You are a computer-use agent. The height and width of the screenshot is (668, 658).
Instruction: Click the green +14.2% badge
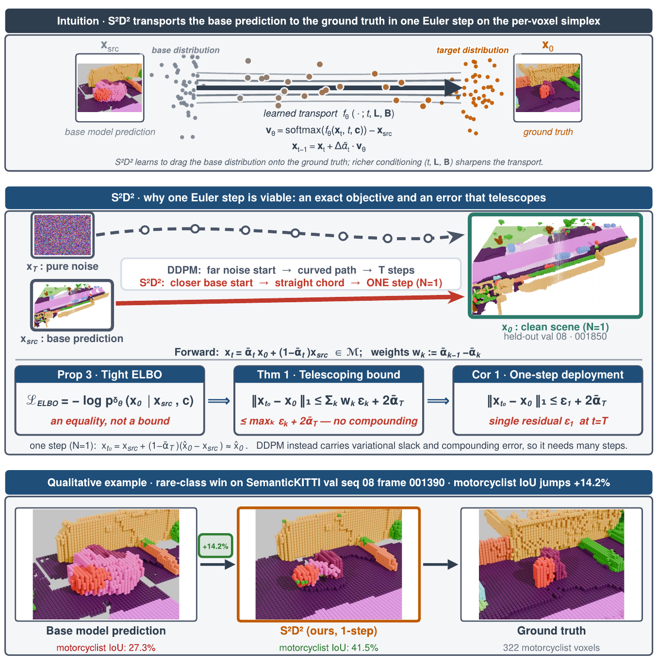pos(215,546)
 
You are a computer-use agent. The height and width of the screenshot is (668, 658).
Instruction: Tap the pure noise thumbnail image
pos(63,235)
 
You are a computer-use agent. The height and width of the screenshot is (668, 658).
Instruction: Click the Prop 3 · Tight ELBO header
pos(110,375)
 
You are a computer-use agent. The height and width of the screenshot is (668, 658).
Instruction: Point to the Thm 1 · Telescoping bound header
pos(329,375)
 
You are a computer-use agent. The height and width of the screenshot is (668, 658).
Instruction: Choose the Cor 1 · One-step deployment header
pos(548,375)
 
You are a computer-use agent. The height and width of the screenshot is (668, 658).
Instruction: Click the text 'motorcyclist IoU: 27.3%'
pos(106,648)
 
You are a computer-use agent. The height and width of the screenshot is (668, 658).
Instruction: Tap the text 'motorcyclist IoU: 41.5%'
pos(329,648)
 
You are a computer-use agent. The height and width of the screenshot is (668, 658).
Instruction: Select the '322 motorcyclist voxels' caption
pos(551,648)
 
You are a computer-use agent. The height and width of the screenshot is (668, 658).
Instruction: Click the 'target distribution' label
pos(473,50)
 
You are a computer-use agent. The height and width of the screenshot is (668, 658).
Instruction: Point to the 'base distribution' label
pos(185,50)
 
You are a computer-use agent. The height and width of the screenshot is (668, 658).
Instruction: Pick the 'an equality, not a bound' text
pos(110,421)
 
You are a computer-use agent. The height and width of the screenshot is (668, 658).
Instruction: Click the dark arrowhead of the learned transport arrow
pos(453,88)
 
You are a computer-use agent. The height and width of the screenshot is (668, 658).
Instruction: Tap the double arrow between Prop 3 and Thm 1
pos(219,401)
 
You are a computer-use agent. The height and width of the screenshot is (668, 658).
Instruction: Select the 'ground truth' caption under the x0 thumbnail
pos(548,132)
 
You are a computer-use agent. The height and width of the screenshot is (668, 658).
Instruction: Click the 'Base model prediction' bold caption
pos(106,631)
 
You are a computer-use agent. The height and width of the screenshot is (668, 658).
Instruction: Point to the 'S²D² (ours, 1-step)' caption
pos(329,631)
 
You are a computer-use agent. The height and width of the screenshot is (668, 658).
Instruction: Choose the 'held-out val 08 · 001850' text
pos(555,336)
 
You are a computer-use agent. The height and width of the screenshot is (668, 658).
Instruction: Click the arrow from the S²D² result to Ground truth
pos(440,564)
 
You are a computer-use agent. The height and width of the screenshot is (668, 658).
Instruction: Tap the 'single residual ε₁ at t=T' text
pos(548,421)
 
